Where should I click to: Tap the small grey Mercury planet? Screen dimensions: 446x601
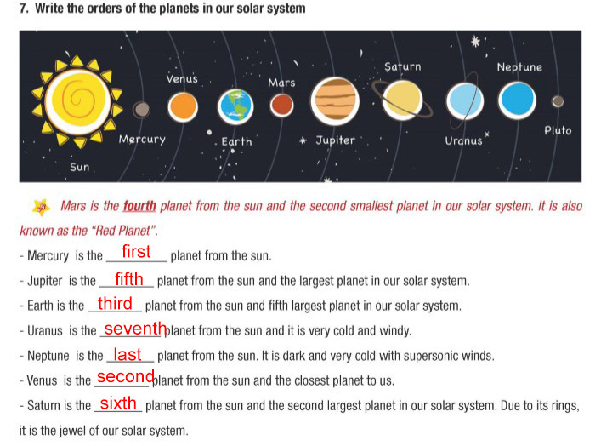click(x=142, y=109)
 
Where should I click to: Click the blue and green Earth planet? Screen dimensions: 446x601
click(x=236, y=106)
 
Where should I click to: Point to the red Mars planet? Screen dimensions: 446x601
click(x=281, y=105)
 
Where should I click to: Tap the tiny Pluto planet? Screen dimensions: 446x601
click(x=558, y=102)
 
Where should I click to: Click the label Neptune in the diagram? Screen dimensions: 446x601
click(x=519, y=67)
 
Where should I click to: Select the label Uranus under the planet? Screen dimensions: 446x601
click(x=463, y=140)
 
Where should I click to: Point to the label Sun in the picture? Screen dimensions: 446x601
click(x=80, y=167)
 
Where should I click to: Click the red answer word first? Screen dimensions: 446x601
click(x=136, y=252)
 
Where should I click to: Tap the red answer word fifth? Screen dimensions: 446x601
click(x=129, y=278)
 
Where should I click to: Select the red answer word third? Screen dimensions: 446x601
click(x=115, y=304)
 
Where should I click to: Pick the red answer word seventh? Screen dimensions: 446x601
click(x=134, y=329)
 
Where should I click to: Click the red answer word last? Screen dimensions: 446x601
click(x=128, y=355)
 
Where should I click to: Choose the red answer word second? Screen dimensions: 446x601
click(x=125, y=377)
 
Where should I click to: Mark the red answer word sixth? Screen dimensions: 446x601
click(x=118, y=403)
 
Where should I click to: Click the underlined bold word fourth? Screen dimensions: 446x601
click(x=139, y=206)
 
